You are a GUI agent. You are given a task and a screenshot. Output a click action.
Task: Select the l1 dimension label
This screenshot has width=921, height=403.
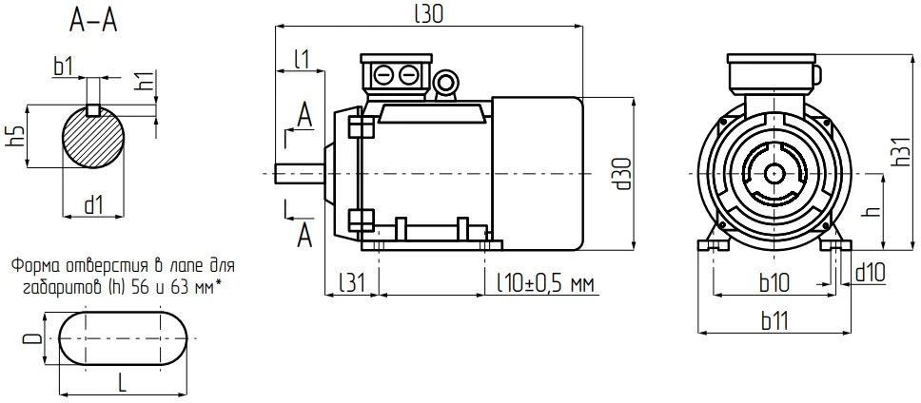[x=302, y=59]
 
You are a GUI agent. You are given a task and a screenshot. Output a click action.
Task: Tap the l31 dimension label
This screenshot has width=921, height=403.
[x=352, y=283]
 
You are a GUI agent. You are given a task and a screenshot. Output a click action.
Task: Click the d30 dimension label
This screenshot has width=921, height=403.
[x=624, y=174]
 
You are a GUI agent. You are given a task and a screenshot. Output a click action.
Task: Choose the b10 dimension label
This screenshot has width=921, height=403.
[x=774, y=284]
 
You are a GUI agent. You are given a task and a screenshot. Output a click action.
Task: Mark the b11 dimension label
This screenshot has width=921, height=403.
[x=774, y=321]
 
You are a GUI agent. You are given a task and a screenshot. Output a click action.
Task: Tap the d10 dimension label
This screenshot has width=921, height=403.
[x=870, y=272]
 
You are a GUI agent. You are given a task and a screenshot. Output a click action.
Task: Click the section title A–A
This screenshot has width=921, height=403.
[x=94, y=21]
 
